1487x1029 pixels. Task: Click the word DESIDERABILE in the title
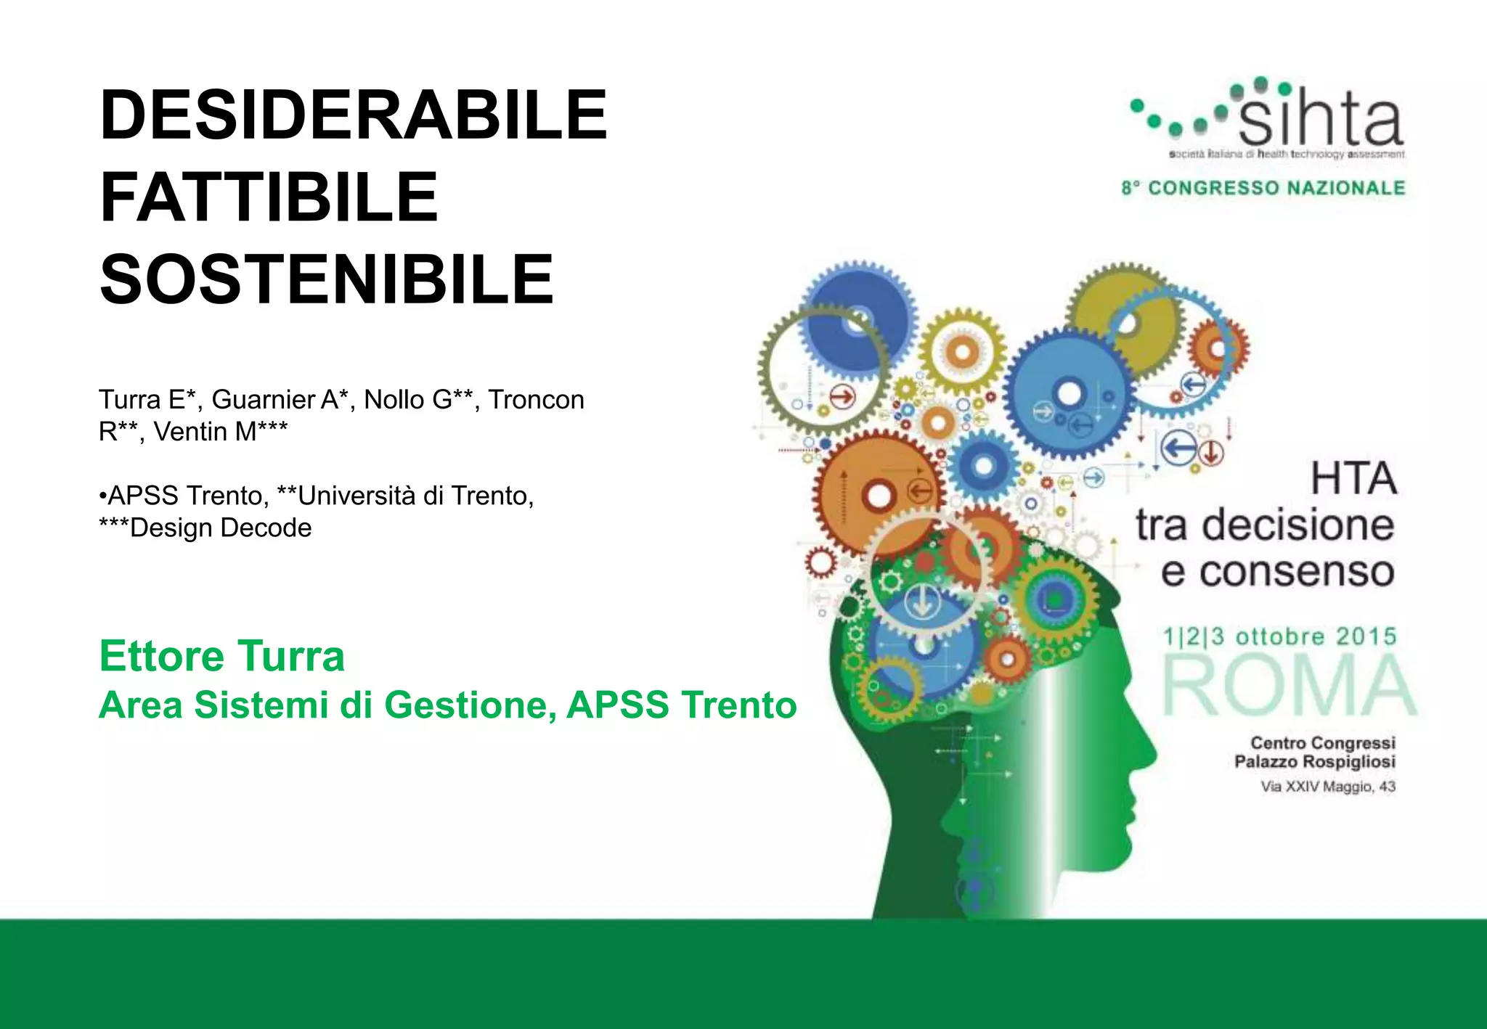pos(353,115)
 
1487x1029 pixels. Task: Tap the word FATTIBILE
pos(269,197)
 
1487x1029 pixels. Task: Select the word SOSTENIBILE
pos(327,280)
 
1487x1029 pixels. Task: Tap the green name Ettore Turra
pos(221,656)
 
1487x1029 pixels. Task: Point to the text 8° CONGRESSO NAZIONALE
pos(1263,188)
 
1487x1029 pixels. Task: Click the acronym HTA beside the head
pos(1353,479)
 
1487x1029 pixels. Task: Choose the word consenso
pos(1296,572)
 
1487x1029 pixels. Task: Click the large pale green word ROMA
pos(1289,685)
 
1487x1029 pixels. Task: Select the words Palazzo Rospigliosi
pos(1314,762)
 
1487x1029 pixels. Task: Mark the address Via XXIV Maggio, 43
pos(1327,787)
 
